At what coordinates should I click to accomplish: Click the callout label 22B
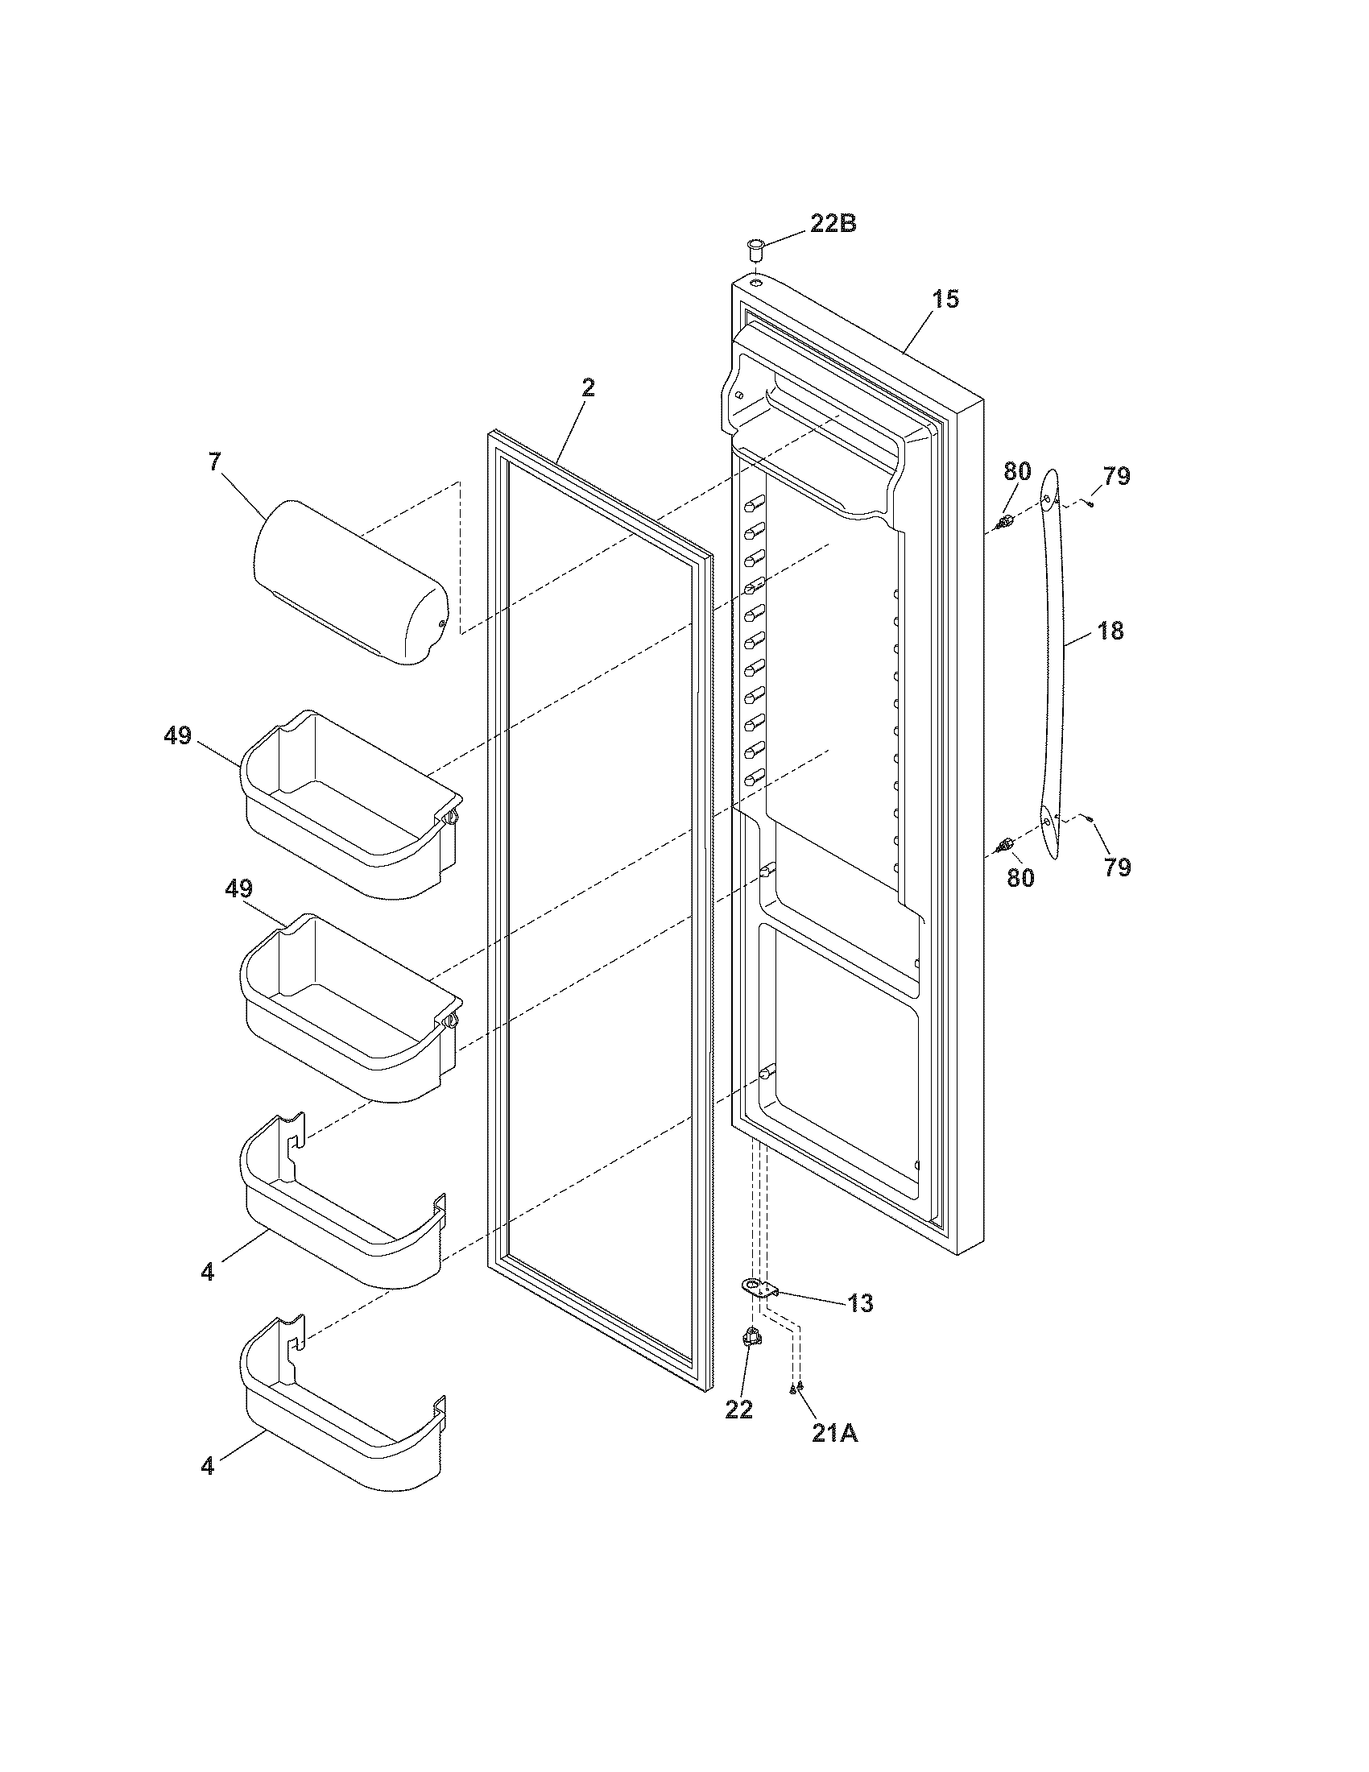click(x=833, y=224)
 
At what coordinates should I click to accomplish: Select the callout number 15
click(x=945, y=300)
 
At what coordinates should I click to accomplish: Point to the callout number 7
click(x=214, y=462)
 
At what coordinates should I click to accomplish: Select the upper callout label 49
click(x=177, y=736)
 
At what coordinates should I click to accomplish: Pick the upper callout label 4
click(x=208, y=1272)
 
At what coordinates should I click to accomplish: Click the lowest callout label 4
click(x=208, y=1466)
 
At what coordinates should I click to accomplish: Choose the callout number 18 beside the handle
click(x=1111, y=631)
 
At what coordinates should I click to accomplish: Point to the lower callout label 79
click(x=1117, y=867)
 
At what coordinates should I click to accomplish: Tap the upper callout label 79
click(x=1117, y=476)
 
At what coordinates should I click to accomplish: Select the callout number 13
click(x=861, y=1303)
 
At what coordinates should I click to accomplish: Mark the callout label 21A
click(x=834, y=1434)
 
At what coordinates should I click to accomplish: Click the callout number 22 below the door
click(x=738, y=1410)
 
